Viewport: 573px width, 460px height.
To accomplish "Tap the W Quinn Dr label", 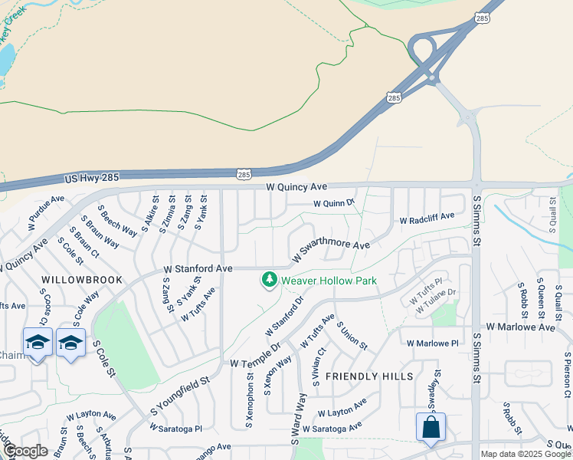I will [x=334, y=203].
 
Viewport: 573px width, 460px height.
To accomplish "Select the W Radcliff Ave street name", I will [x=427, y=220].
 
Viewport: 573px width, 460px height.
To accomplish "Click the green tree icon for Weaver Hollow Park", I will [x=269, y=281].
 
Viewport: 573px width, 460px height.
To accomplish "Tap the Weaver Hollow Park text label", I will [x=329, y=281].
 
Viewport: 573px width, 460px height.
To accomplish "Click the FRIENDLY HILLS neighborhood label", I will [x=369, y=376].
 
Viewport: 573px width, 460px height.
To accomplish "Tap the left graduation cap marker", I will [x=38, y=343].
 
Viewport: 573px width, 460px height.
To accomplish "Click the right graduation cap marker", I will [x=70, y=343].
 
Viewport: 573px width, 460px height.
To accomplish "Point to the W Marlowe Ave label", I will [x=525, y=327].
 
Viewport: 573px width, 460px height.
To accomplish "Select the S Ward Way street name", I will [x=298, y=419].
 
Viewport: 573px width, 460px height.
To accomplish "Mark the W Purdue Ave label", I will [x=46, y=215].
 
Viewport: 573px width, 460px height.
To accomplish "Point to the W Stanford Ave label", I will [x=198, y=269].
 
